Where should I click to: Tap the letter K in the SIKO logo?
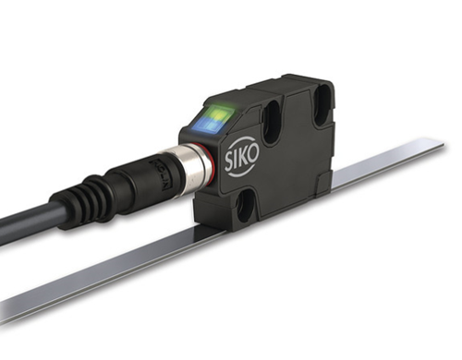click(243, 157)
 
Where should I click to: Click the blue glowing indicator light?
click(206, 126)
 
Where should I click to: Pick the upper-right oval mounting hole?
click(322, 104)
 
